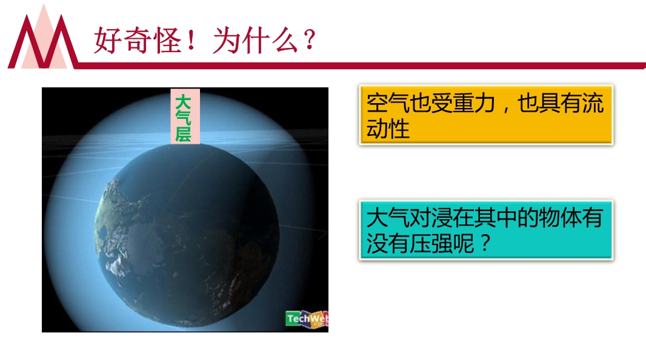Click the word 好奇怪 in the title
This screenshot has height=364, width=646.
[x=138, y=41]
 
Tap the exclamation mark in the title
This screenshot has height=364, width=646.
[x=191, y=40]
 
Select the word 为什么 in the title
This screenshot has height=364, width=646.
[x=256, y=41]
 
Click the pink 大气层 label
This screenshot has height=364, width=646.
[x=185, y=116]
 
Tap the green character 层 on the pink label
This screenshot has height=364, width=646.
[x=183, y=135]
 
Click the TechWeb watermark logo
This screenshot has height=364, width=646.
[x=307, y=319]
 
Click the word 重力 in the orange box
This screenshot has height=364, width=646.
[x=473, y=103]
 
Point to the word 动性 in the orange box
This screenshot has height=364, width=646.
[x=388, y=129]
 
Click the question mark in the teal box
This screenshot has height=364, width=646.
[x=485, y=243]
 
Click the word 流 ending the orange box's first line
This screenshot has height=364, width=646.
[x=593, y=103]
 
